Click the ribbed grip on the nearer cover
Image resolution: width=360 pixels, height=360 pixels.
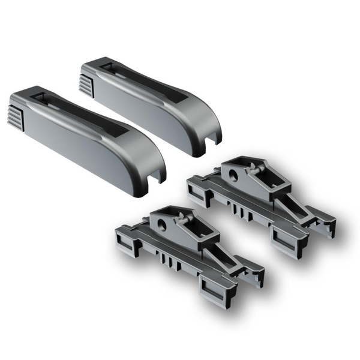pos(19,113)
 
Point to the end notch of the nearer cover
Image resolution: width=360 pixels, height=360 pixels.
pos(155,178)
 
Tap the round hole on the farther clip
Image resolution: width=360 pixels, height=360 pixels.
pos(234,175)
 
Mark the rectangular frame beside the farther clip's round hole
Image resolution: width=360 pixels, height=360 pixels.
pos(199,192)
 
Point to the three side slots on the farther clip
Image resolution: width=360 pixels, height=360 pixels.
pos(238,211)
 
